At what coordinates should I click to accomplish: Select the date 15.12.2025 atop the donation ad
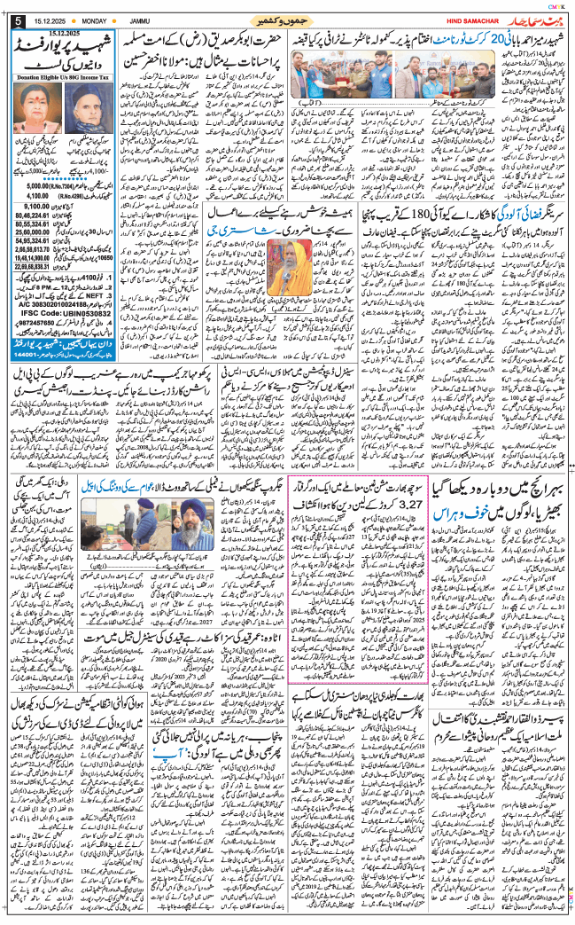click(x=66, y=33)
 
